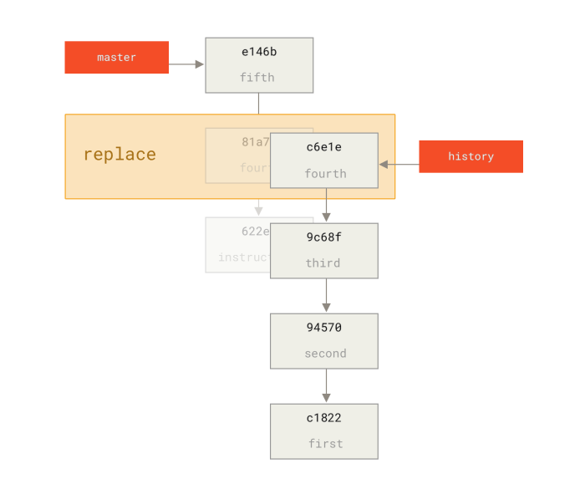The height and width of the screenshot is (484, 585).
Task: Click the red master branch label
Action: (116, 58)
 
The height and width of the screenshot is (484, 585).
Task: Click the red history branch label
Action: (471, 156)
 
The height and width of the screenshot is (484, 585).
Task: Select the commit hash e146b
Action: (259, 52)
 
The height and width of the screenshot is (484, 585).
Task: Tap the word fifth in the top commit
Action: (257, 78)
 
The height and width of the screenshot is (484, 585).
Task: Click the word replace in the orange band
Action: (120, 155)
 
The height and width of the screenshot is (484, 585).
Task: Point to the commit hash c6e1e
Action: (323, 147)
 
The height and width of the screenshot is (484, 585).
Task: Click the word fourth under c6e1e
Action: (325, 174)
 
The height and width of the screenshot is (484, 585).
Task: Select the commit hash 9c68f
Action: (323, 237)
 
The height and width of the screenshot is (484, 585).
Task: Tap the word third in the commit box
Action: (323, 263)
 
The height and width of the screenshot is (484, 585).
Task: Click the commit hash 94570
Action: (323, 328)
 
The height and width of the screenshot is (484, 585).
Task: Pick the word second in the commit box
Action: (325, 354)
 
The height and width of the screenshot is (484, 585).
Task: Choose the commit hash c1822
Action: (323, 418)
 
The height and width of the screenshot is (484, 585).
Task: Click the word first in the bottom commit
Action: (325, 444)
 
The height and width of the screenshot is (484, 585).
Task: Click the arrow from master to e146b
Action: (187, 64)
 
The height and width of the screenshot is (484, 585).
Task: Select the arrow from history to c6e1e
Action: (399, 165)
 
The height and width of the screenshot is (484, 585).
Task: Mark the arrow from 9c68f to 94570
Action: (326, 296)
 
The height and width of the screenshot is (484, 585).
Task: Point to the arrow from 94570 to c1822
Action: (326, 386)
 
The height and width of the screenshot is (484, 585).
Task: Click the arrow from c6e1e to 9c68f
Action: (326, 206)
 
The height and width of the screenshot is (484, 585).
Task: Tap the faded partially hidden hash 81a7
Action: (255, 142)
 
